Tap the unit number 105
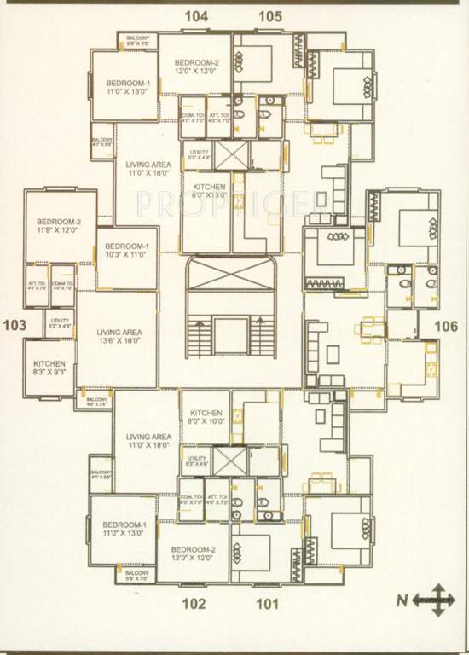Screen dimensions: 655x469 point(270,15)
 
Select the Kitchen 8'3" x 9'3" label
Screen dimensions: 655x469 point(49,368)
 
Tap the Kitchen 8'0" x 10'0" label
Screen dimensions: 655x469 point(206,416)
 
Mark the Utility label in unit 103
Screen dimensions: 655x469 point(59,322)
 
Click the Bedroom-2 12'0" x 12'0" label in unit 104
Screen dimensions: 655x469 point(197,67)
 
